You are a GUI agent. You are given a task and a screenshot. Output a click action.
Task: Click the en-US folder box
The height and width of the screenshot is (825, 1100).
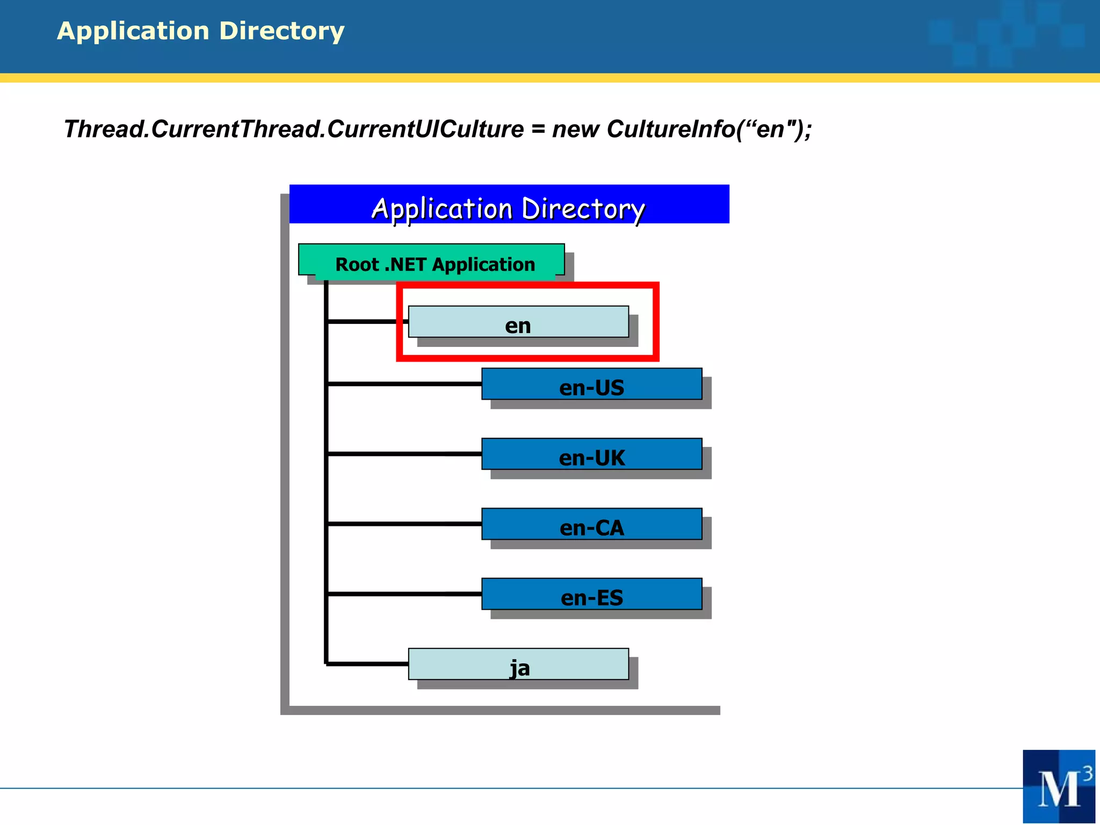591,384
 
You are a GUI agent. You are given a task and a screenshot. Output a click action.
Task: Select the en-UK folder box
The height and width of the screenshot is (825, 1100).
591,454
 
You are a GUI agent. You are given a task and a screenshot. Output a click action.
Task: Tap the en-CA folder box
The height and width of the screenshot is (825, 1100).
591,524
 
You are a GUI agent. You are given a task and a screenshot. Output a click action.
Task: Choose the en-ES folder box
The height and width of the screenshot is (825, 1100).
591,594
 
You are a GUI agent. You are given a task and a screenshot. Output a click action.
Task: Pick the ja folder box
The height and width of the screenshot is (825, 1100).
518,664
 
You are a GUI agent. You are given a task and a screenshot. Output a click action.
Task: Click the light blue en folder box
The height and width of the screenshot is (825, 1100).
518,322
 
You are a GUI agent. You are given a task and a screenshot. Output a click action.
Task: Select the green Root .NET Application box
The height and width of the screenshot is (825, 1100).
431,260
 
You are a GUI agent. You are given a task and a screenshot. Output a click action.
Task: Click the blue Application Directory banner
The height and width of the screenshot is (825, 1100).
509,205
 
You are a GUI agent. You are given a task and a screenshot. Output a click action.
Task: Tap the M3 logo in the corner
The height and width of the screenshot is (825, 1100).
1059,786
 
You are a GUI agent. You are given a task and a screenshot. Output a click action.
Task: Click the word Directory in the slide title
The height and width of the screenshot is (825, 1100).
281,31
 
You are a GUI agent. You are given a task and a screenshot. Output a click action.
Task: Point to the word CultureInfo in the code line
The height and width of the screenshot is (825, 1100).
670,129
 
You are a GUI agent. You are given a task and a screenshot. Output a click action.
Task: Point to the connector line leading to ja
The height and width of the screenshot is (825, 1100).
368,664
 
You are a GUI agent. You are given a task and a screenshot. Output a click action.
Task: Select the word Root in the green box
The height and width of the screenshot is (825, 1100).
357,265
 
